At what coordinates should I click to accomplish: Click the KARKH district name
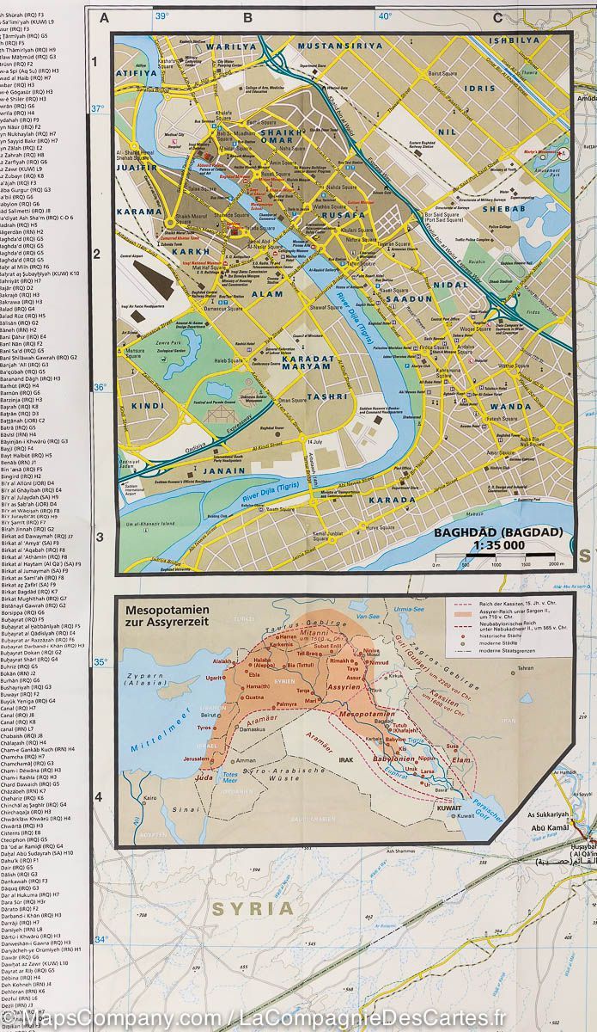click(x=198, y=255)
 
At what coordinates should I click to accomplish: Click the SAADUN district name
click(x=414, y=298)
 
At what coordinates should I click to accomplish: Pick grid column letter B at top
click(x=247, y=16)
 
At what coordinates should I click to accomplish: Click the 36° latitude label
click(x=99, y=387)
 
